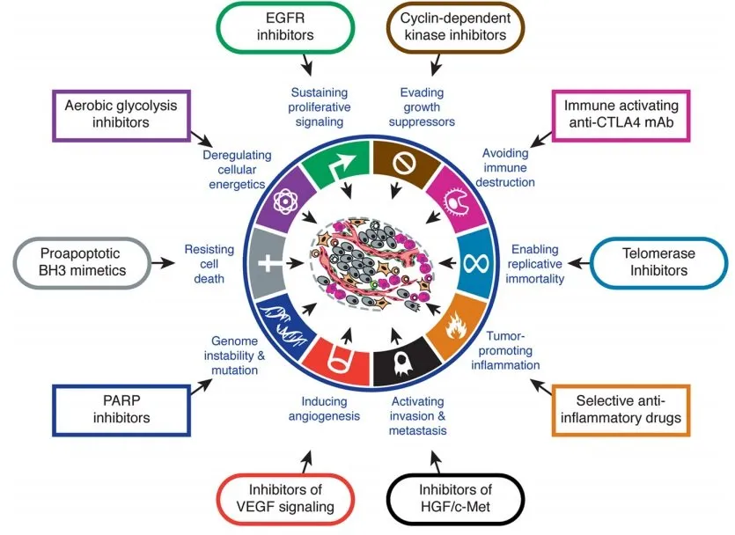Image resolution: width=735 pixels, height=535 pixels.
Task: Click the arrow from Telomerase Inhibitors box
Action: pyautogui.click(x=577, y=262)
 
